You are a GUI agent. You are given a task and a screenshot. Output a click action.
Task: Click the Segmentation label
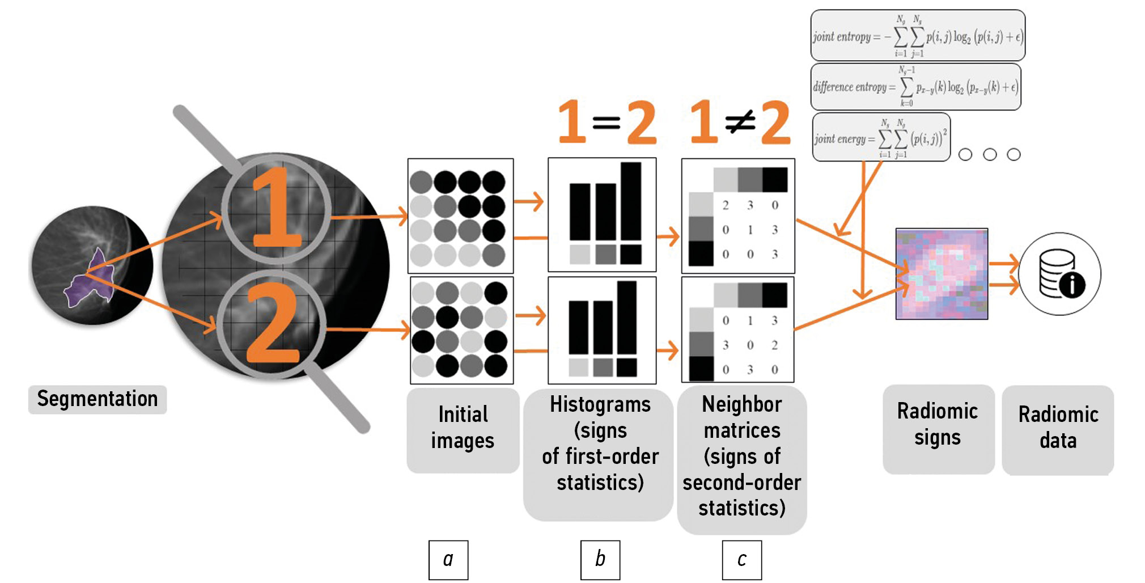[x=97, y=399]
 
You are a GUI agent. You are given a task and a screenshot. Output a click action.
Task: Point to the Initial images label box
[x=463, y=429]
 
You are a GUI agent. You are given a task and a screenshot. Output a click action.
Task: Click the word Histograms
[x=600, y=405]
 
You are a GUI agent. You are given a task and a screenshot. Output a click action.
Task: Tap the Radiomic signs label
[x=938, y=425]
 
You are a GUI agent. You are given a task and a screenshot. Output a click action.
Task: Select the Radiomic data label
[x=1058, y=428]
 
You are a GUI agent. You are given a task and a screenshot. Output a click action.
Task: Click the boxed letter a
[x=448, y=560]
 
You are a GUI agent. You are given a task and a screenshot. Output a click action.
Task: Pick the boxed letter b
[x=600, y=560]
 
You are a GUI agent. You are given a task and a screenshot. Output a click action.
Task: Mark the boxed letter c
[x=742, y=560]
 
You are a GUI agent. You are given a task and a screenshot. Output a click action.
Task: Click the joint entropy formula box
[x=918, y=36]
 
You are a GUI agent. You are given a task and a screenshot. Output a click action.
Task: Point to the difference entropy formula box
[x=915, y=87]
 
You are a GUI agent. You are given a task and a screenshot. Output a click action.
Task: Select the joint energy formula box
[x=881, y=138]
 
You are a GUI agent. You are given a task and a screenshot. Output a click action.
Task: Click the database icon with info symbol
[x=1060, y=274]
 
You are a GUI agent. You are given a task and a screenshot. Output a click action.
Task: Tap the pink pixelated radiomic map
[x=942, y=274]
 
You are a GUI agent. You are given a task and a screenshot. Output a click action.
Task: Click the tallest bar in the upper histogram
[x=631, y=201]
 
